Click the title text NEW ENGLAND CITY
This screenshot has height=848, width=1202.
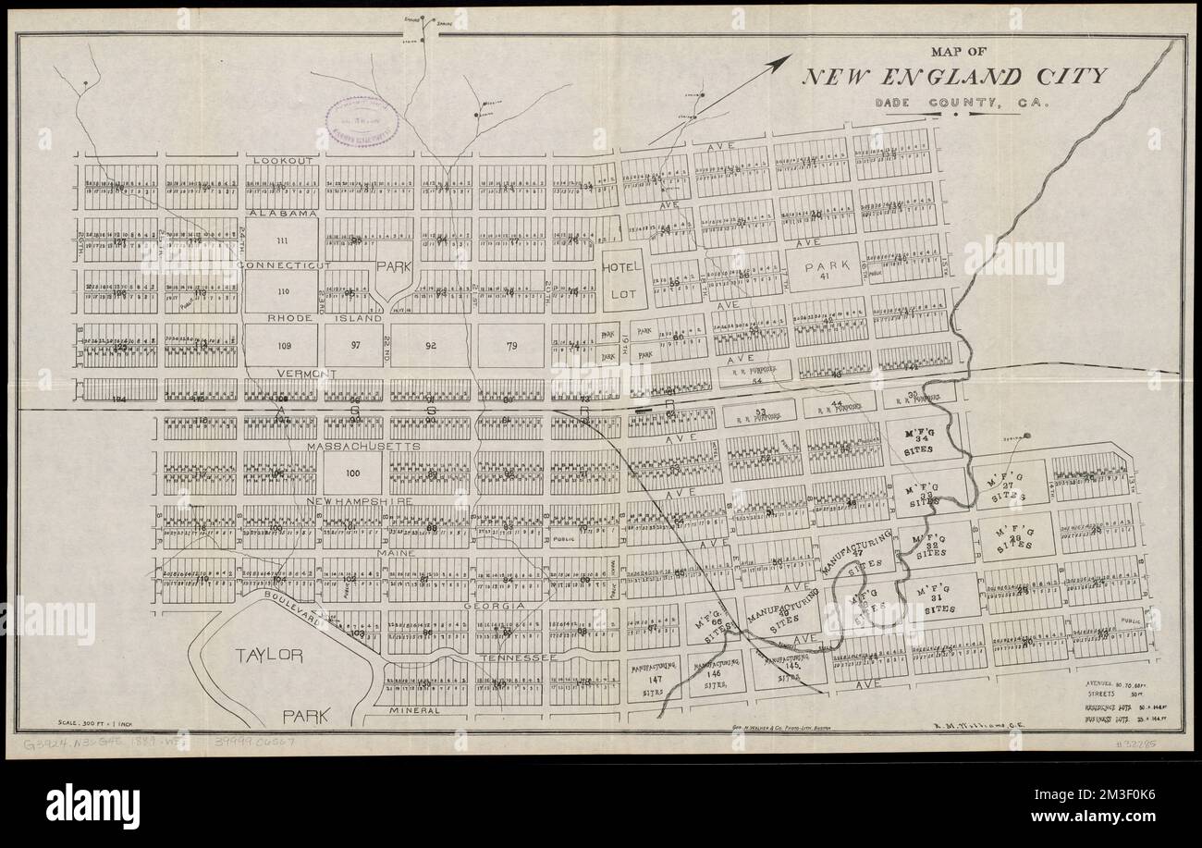tap(952, 77)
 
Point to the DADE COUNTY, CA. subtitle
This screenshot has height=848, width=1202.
tap(962, 104)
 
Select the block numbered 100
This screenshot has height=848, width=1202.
tap(351, 473)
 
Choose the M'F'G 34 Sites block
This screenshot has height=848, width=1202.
tap(914, 439)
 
